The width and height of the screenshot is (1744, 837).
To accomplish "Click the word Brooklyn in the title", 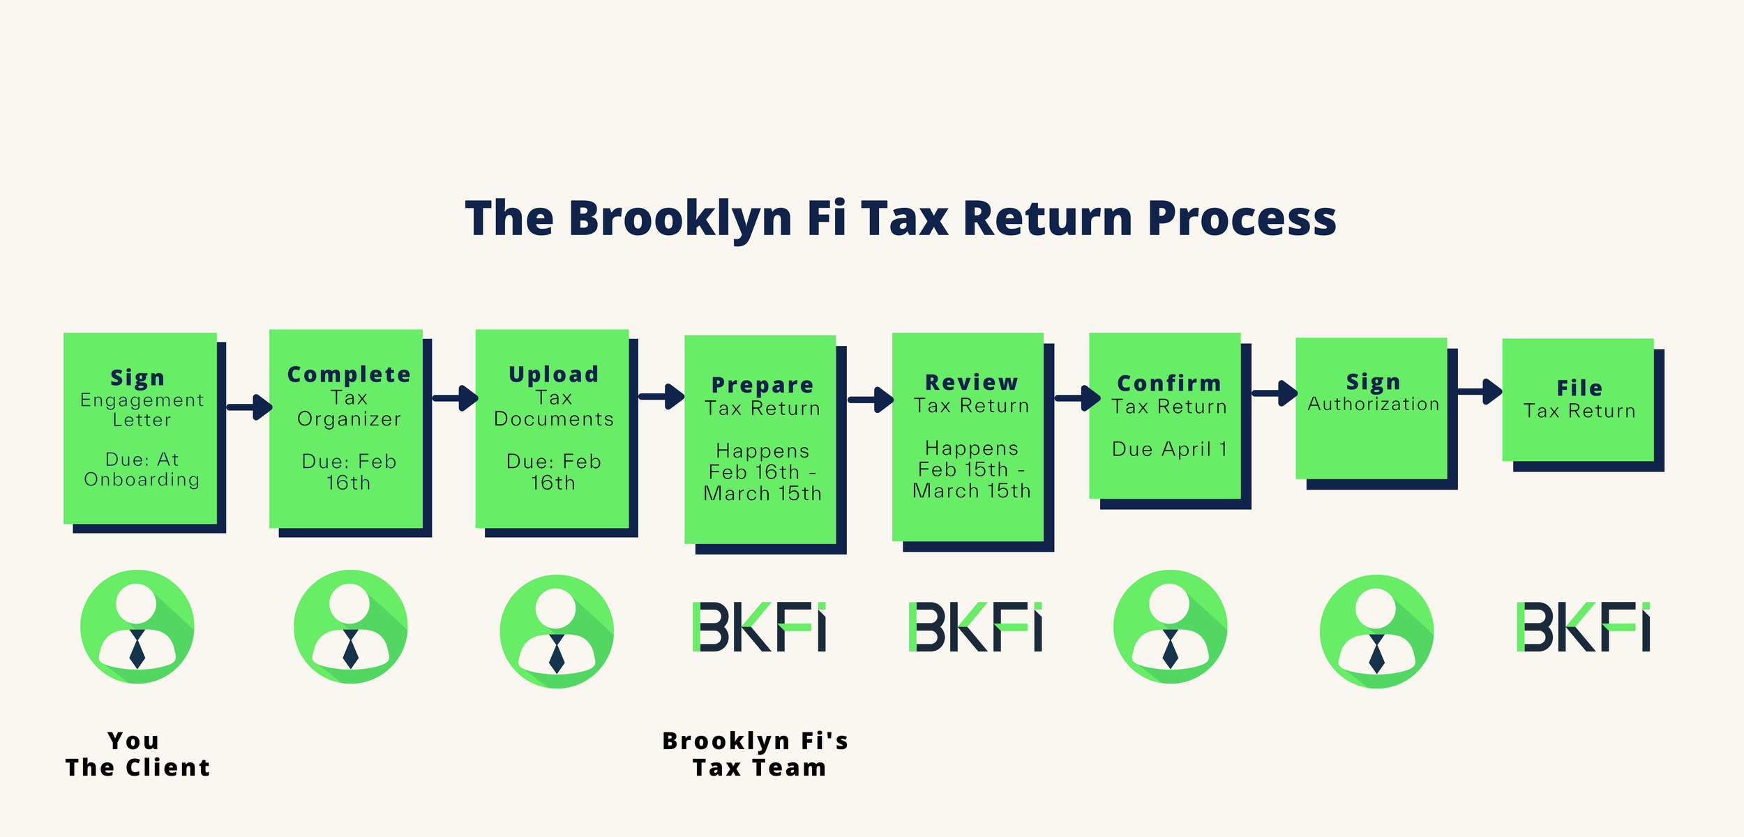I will pos(680,218).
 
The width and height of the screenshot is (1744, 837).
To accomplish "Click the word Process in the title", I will pos(1242,218).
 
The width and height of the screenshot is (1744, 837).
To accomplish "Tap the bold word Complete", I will pos(349,375).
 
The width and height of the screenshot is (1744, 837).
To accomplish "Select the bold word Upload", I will pos(553,375).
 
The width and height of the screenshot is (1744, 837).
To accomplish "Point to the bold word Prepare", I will pos(762,385).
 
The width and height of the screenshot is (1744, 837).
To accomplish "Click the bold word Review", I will pos(971,382).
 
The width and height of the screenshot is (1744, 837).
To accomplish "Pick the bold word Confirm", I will pos(1168,383).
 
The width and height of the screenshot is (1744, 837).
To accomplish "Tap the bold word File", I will pos(1579,388).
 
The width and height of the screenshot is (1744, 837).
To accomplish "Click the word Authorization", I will pos(1373,404).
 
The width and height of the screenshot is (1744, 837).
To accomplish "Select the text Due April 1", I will pos(1168,449).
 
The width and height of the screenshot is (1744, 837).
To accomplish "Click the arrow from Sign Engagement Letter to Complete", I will pos(248,407).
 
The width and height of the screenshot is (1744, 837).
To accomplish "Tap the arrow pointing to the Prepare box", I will pos(661,397).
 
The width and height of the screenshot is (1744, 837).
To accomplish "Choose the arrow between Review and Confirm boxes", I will pos(1076,398).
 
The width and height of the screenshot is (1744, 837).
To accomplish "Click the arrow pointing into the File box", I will pos(1478,391).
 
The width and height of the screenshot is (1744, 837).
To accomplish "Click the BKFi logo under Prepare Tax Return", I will pos(759,627).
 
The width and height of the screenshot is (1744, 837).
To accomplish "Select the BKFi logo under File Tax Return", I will pos(1583,627).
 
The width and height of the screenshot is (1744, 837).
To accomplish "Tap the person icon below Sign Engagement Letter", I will pos(137,626).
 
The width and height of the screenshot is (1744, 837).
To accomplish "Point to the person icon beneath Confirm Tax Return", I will pos(1170,626).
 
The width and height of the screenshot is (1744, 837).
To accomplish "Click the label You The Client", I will pos(137,754).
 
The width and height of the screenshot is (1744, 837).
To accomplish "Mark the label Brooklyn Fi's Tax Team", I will pos(756,754).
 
